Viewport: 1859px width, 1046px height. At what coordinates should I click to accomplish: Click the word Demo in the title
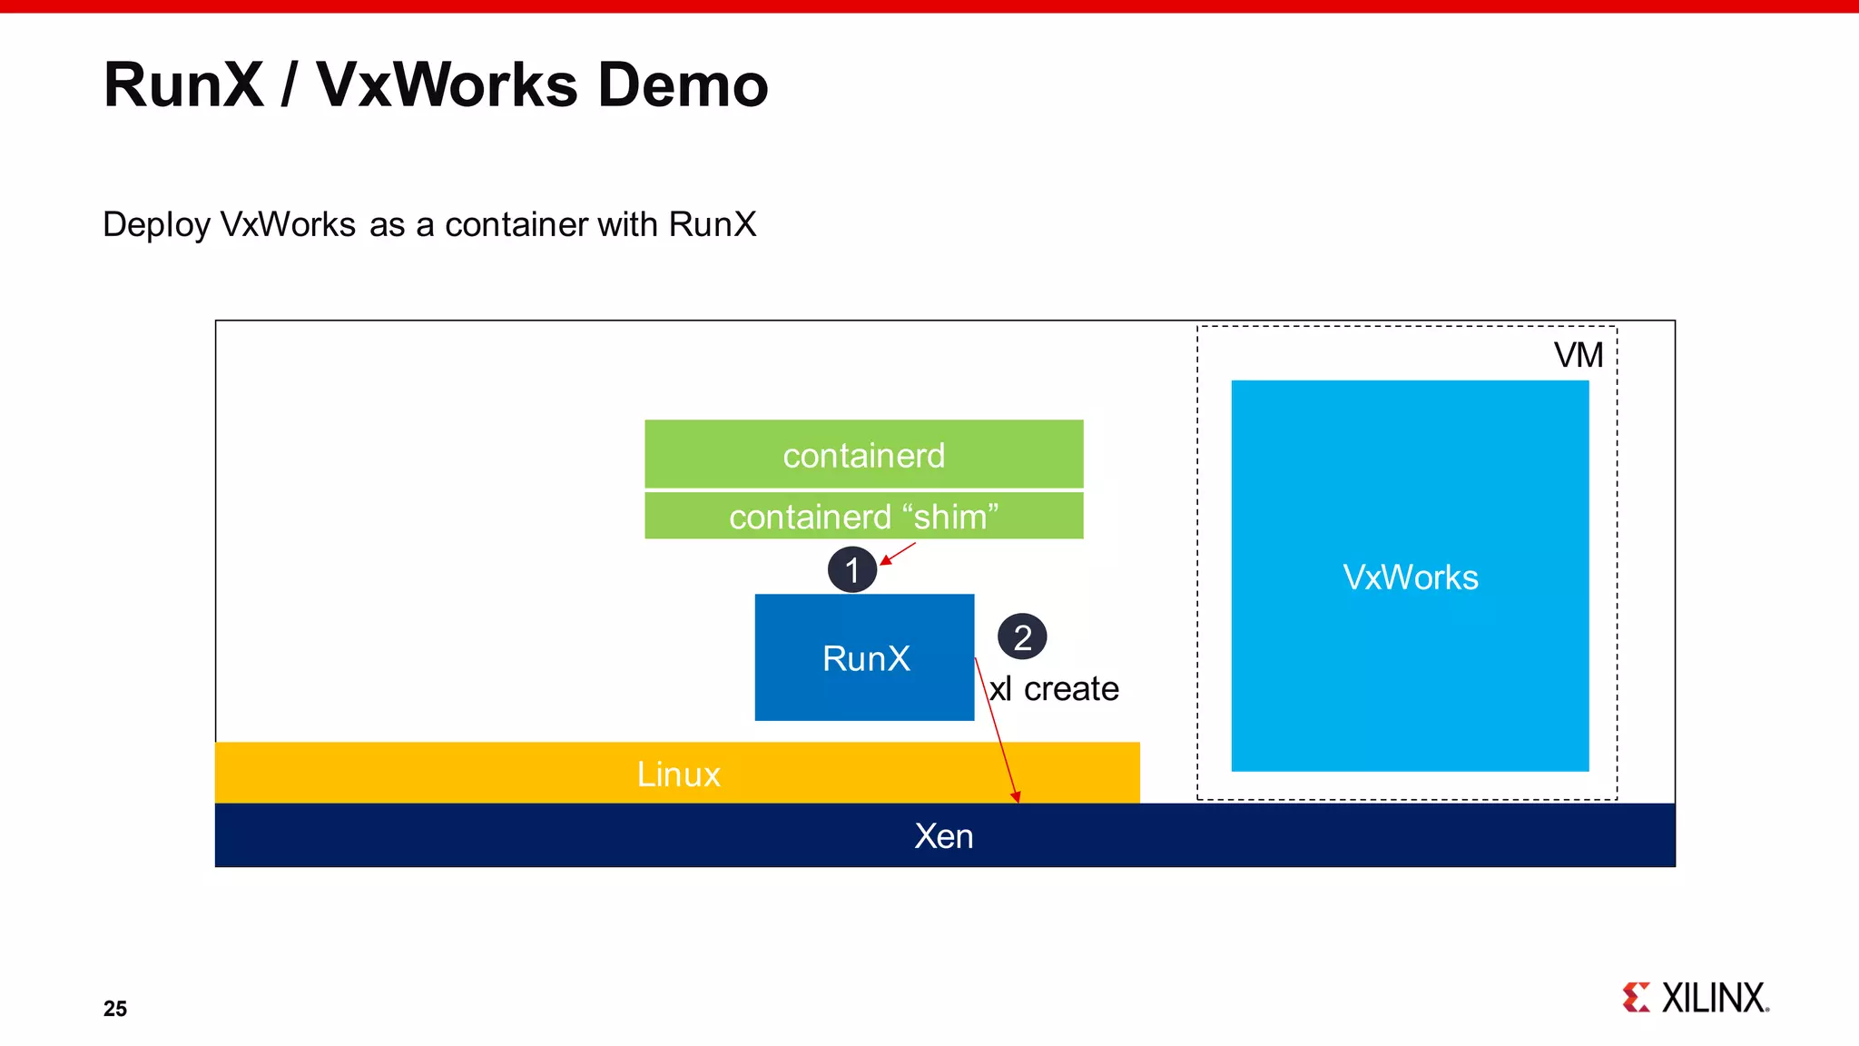click(683, 85)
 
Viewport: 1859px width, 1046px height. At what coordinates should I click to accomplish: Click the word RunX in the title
click(183, 85)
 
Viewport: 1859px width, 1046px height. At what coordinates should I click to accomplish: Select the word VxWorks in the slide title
click(447, 85)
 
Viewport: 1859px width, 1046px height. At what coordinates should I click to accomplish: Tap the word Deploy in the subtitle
click(156, 225)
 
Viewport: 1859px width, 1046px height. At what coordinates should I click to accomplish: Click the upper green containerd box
click(863, 454)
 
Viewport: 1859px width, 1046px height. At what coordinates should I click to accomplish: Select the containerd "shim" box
click(863, 516)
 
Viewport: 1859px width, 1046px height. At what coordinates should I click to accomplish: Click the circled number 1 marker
click(851, 570)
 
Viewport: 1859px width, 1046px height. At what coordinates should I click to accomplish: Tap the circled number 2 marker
click(1022, 637)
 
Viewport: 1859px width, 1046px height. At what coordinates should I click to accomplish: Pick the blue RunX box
click(864, 657)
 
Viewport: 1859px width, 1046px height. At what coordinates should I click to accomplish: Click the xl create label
click(1054, 689)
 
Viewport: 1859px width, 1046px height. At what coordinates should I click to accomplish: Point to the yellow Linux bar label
click(678, 775)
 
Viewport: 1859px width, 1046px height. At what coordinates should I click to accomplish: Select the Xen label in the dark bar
click(944, 836)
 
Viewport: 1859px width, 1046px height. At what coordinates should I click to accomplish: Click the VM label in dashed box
click(1579, 355)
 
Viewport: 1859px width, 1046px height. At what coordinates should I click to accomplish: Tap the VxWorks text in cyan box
click(1410, 577)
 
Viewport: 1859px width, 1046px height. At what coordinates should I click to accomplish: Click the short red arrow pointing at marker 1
click(899, 553)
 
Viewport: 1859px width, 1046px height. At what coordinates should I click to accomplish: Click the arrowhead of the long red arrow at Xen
click(1017, 796)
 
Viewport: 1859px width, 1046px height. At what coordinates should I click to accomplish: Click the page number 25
click(115, 1009)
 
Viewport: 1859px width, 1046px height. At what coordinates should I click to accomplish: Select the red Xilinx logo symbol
click(1636, 997)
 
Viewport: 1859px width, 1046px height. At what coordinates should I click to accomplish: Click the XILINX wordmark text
click(1715, 998)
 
